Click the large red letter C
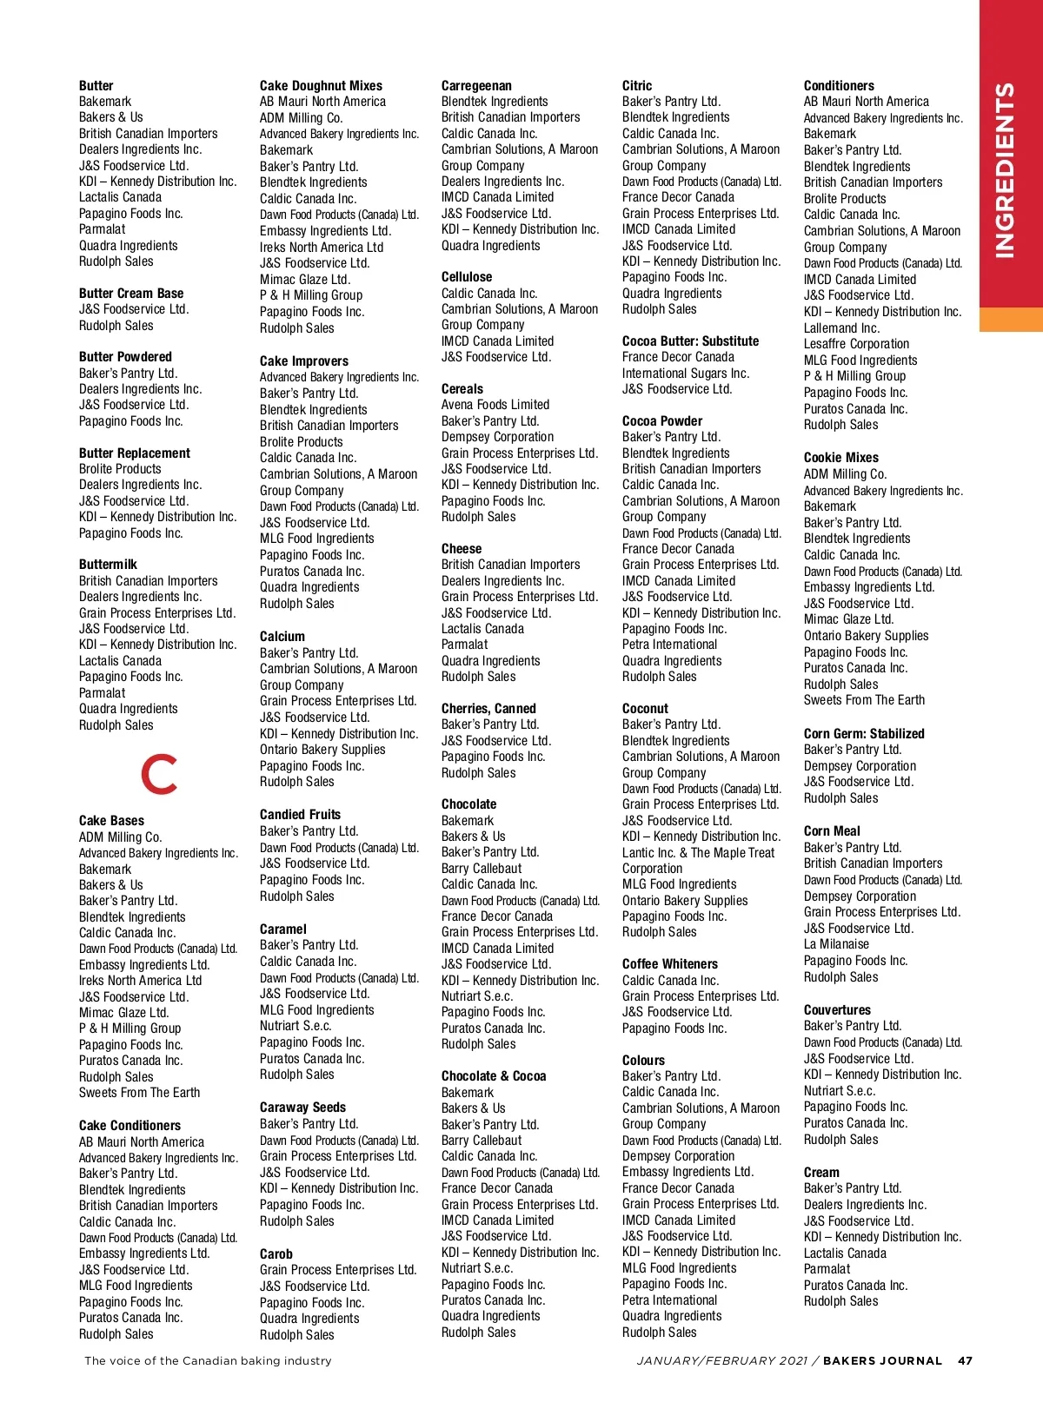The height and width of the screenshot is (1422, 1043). (x=160, y=774)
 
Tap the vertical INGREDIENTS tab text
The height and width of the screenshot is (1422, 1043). (x=1004, y=170)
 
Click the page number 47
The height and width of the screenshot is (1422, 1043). (x=965, y=1360)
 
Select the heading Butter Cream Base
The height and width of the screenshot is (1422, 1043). (x=131, y=294)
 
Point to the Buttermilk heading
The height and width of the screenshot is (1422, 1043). (x=108, y=565)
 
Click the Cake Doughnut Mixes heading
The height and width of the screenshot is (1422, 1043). (x=321, y=86)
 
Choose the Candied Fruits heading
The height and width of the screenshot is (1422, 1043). (x=300, y=815)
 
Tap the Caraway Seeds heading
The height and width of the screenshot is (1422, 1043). (x=302, y=1108)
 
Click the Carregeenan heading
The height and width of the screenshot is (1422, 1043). (x=476, y=86)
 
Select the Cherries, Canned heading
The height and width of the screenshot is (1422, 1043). (x=488, y=709)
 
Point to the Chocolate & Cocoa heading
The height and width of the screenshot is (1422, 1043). (x=494, y=1076)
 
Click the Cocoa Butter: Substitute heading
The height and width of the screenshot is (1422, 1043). (x=690, y=341)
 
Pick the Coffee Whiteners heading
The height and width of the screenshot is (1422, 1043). (x=670, y=964)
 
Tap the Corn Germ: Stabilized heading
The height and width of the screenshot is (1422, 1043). (x=864, y=734)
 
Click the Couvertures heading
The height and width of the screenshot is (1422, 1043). (x=837, y=1010)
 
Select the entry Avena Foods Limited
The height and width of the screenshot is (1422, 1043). (x=495, y=405)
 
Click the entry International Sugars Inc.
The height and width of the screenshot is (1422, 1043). (x=686, y=374)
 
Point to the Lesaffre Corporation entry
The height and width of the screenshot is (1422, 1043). (x=856, y=344)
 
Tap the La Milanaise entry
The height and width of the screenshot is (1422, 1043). (x=836, y=944)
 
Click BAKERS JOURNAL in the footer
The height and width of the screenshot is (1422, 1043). (x=882, y=1360)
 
